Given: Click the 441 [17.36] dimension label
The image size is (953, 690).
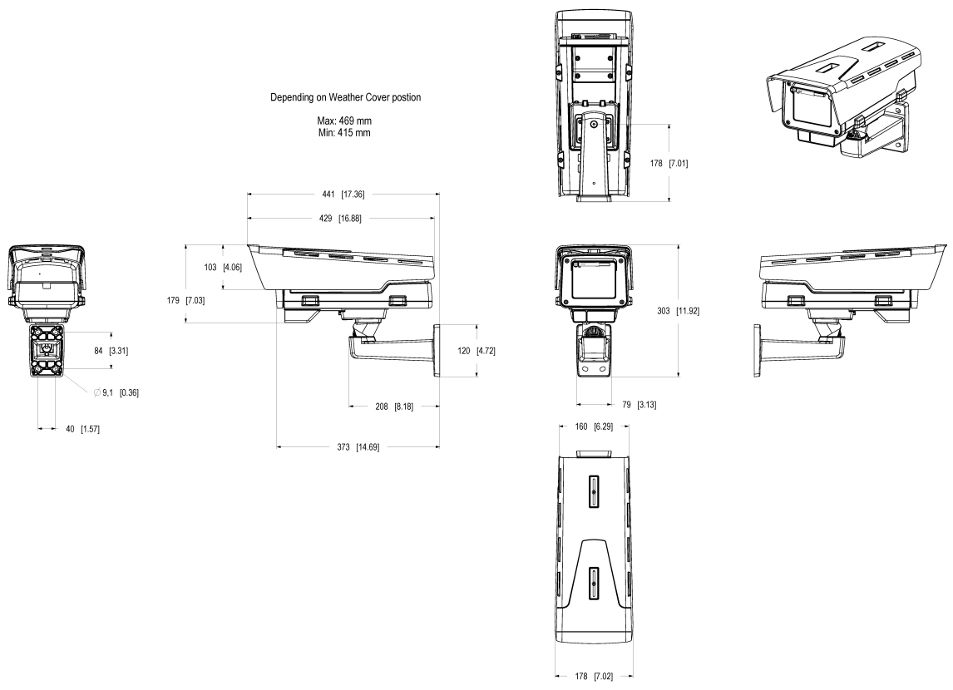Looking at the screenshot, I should coord(343,195).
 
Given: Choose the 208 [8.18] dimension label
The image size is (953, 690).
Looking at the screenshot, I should coord(394,407).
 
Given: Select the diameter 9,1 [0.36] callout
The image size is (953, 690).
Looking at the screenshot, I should coord(116,392).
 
